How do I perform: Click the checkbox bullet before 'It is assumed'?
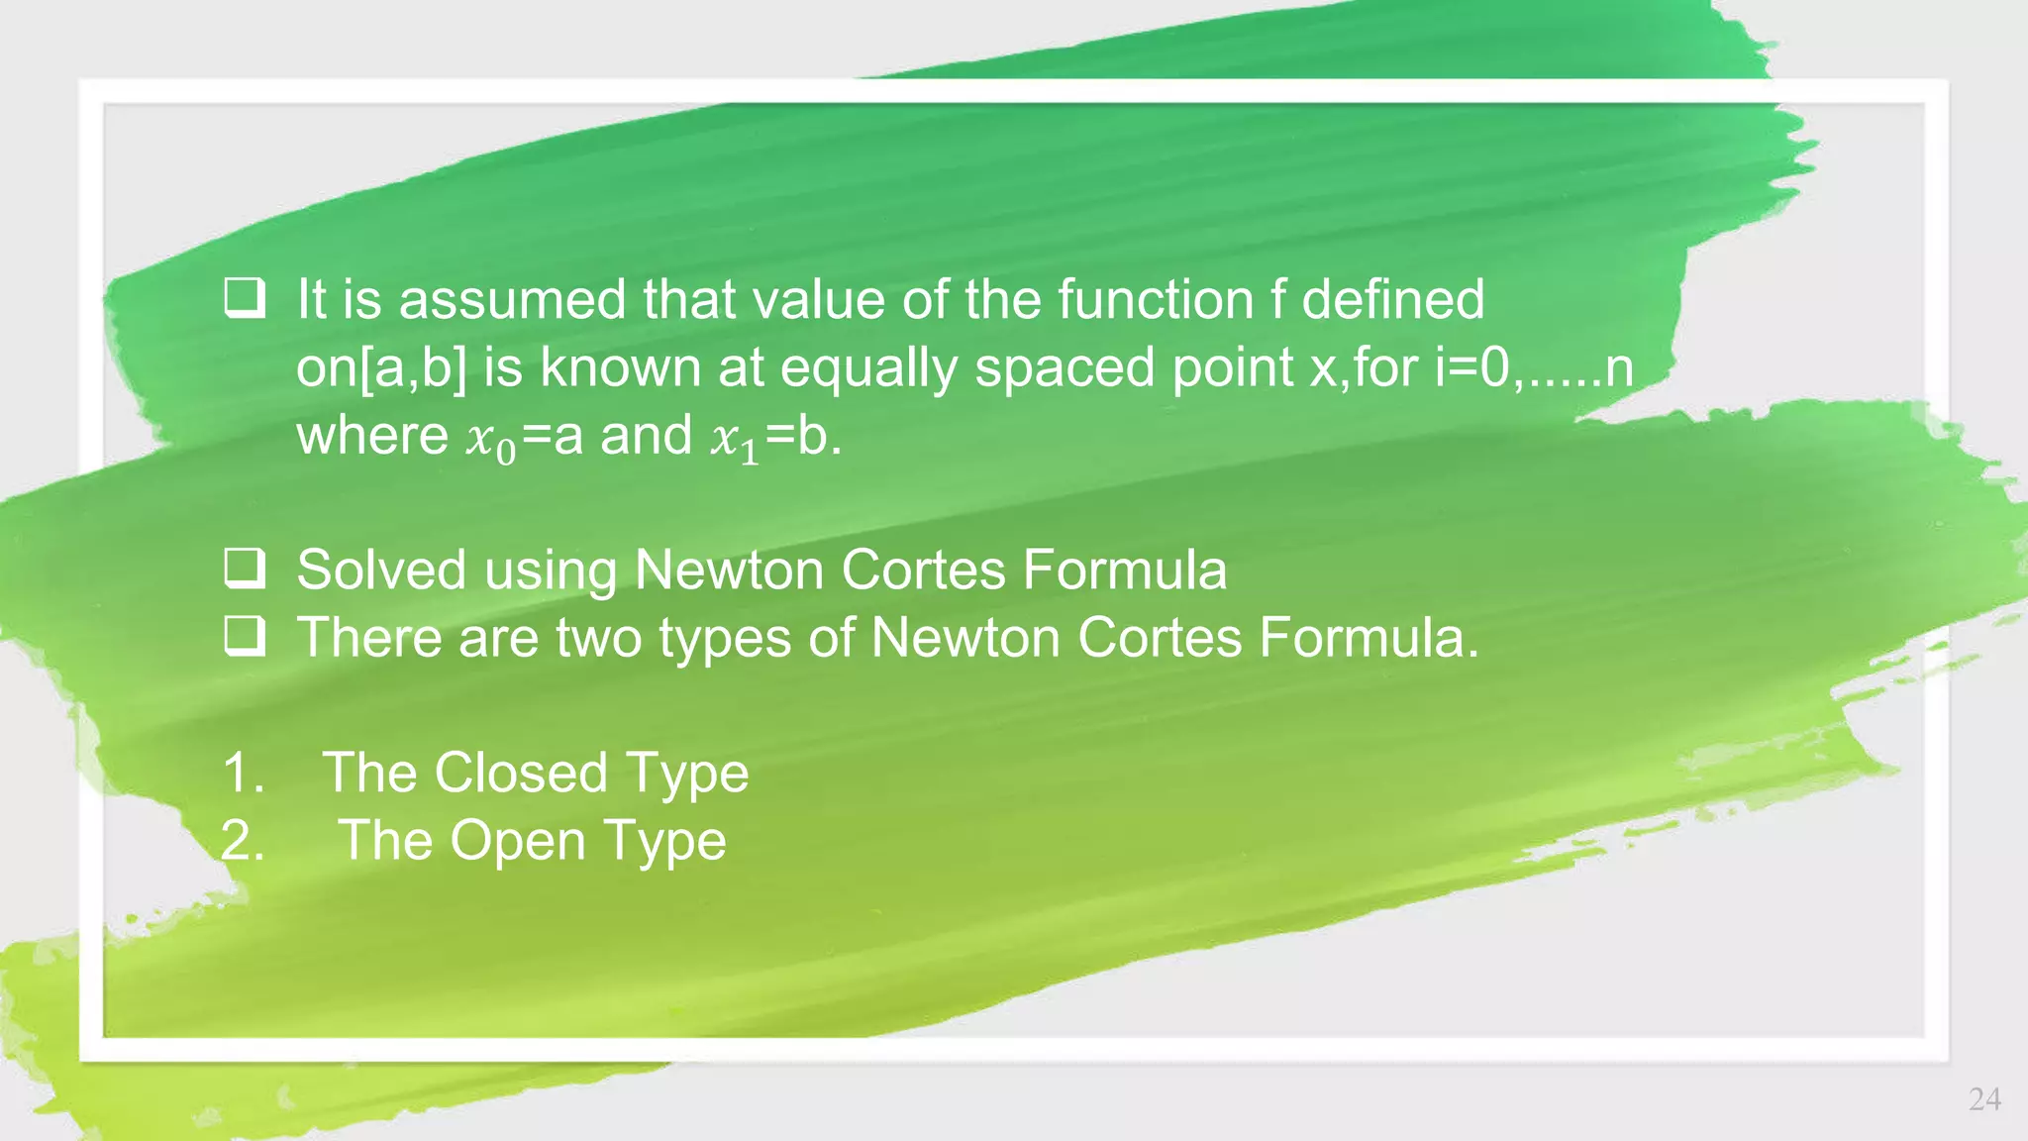(244, 298)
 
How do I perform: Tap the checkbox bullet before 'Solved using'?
(244, 569)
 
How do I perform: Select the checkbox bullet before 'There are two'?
(244, 636)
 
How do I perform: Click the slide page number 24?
(1984, 1099)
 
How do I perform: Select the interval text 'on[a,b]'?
(381, 368)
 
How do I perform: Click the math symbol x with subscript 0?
(491, 439)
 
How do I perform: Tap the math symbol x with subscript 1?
(735, 439)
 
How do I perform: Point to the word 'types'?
(725, 639)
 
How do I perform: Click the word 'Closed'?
(521, 773)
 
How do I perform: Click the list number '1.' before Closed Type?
(244, 773)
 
